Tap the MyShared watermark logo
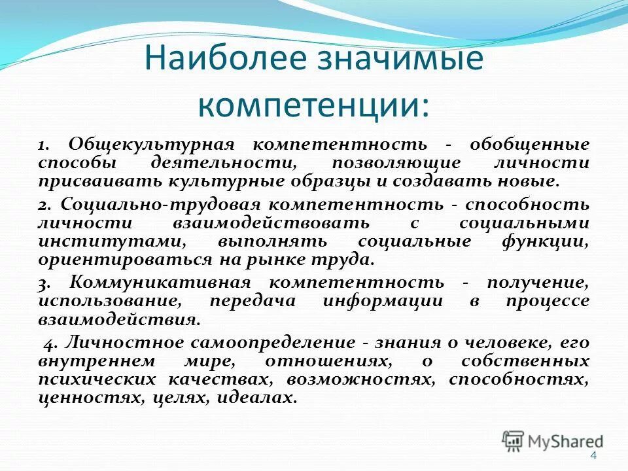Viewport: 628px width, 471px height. pos(553,442)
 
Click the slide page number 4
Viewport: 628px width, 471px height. pos(593,456)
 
